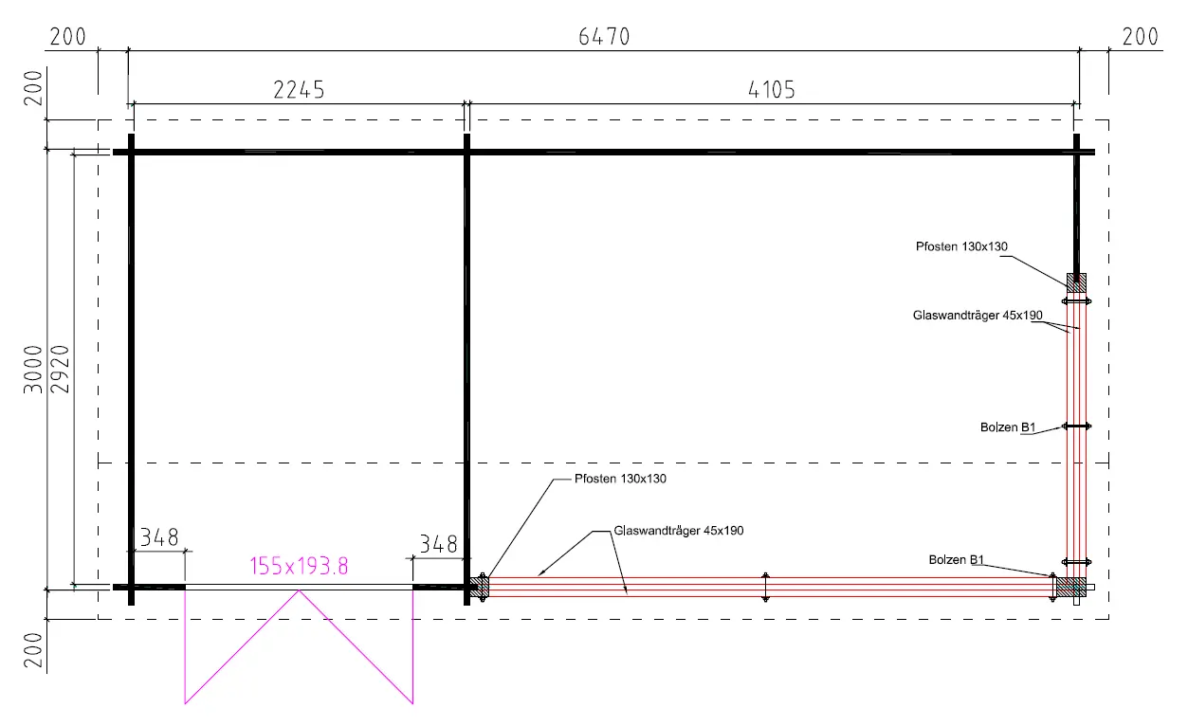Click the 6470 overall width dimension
tap(604, 37)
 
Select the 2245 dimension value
tap(299, 90)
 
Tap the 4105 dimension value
tap(771, 90)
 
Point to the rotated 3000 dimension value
tap(33, 369)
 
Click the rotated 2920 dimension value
tap(60, 369)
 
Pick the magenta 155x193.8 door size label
tap(299, 566)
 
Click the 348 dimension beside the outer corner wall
tap(159, 537)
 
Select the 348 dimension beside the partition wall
tap(438, 544)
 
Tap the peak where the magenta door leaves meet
tap(299, 590)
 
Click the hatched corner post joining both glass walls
tap(1070, 587)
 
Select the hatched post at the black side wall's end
tap(1076, 282)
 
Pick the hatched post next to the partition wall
tap(480, 587)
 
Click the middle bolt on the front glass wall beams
tap(765, 587)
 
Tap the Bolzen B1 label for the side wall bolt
tap(1008, 427)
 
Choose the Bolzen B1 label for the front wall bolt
tap(957, 559)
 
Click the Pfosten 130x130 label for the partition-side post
tap(620, 479)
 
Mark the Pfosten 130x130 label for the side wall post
tap(961, 246)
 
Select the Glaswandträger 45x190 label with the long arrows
tap(678, 531)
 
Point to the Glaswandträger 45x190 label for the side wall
tap(978, 315)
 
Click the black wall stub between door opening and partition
tap(440, 587)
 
